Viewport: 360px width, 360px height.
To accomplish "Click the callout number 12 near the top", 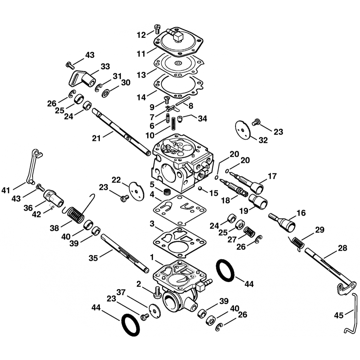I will click(141, 35).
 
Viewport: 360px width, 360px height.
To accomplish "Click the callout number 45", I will click(338, 315).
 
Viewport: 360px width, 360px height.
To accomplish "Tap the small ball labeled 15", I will click(199, 189).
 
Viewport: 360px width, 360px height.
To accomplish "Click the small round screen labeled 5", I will click(167, 191).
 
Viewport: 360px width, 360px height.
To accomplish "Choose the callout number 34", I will click(202, 118).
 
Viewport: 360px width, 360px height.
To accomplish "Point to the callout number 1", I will click(152, 257).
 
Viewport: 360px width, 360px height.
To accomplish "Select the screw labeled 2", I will click(157, 292).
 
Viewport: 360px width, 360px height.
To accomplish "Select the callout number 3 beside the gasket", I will click(152, 224).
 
